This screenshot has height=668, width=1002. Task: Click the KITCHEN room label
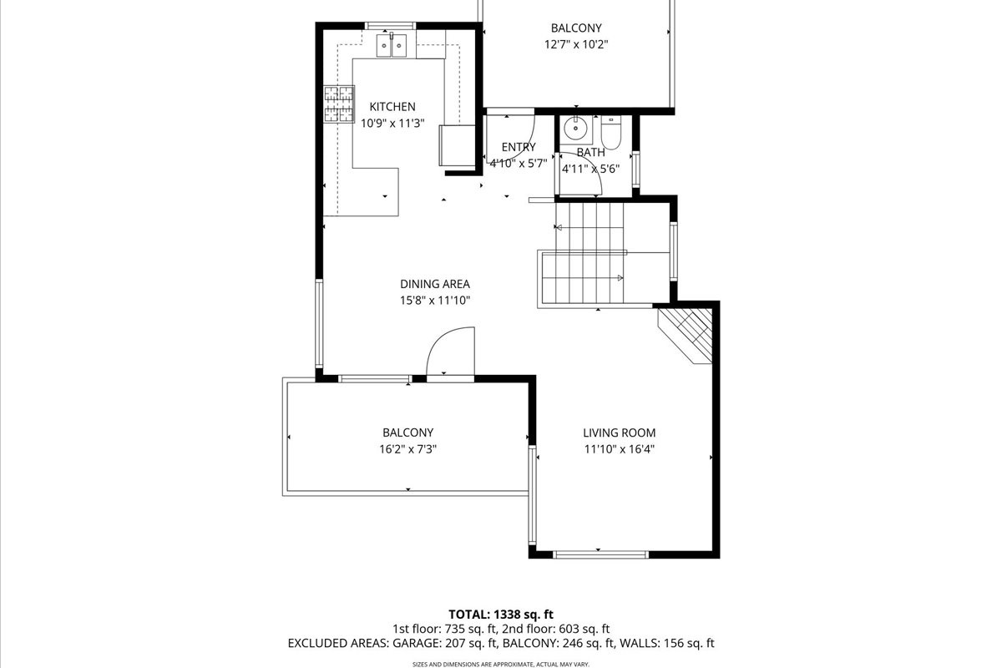(392, 107)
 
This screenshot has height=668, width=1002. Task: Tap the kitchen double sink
(392, 45)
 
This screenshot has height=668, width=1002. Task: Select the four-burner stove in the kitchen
(339, 104)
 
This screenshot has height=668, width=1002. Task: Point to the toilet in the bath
(610, 132)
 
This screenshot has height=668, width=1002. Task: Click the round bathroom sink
(574, 129)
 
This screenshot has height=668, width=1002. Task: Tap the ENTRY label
(519, 147)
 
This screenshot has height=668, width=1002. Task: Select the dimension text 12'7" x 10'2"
(576, 44)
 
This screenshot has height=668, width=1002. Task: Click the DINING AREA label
(435, 284)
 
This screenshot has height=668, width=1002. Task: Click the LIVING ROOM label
(619, 433)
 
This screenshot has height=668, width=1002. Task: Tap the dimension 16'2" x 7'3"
(408, 448)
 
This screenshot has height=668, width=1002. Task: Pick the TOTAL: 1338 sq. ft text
(501, 615)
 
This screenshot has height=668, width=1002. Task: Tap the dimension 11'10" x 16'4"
(619, 448)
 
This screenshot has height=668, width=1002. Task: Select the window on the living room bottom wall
(600, 554)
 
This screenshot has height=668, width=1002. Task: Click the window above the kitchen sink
(391, 26)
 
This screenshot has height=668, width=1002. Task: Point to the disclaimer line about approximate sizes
(501, 665)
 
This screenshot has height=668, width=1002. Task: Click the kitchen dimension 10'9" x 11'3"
(392, 123)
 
